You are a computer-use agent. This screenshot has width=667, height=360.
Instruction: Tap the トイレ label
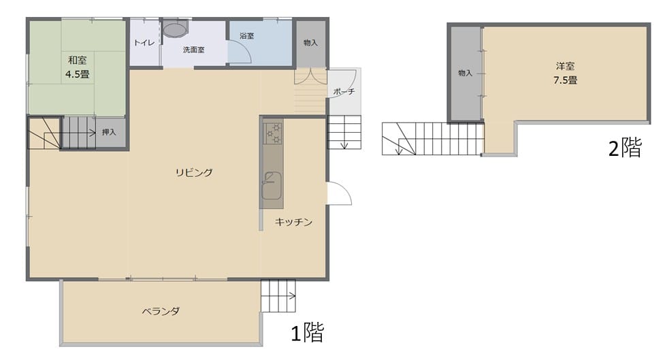(x=143, y=43)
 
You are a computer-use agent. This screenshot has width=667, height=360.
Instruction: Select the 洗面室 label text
(x=194, y=50)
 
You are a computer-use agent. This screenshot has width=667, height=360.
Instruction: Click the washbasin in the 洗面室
(x=175, y=30)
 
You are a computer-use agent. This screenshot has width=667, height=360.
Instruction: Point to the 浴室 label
(x=246, y=35)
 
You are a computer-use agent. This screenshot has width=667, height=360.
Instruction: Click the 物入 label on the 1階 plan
(x=310, y=43)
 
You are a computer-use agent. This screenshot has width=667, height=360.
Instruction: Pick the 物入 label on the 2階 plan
(x=466, y=73)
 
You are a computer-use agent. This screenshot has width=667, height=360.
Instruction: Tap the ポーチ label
(x=344, y=92)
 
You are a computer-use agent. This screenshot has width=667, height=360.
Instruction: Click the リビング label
(x=194, y=173)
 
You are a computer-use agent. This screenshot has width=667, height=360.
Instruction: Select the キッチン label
(x=293, y=222)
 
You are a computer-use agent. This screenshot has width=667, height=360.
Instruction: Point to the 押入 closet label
(x=109, y=132)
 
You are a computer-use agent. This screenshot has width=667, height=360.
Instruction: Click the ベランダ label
(x=161, y=312)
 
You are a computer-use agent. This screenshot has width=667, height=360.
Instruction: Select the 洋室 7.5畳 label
(x=565, y=73)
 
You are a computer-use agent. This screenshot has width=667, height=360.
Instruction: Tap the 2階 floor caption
(x=624, y=148)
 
